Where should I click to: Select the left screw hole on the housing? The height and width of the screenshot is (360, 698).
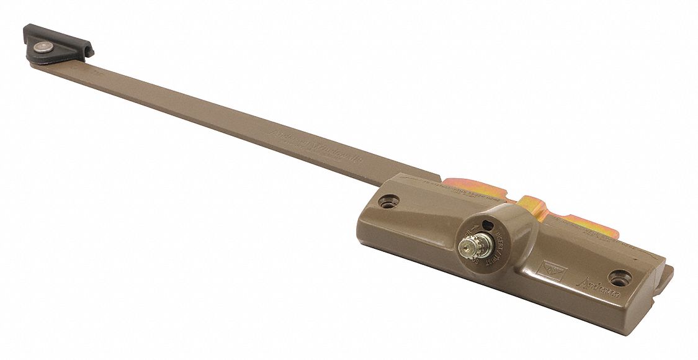click(x=389, y=201)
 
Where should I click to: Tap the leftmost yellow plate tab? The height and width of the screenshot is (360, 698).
click(x=462, y=186)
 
